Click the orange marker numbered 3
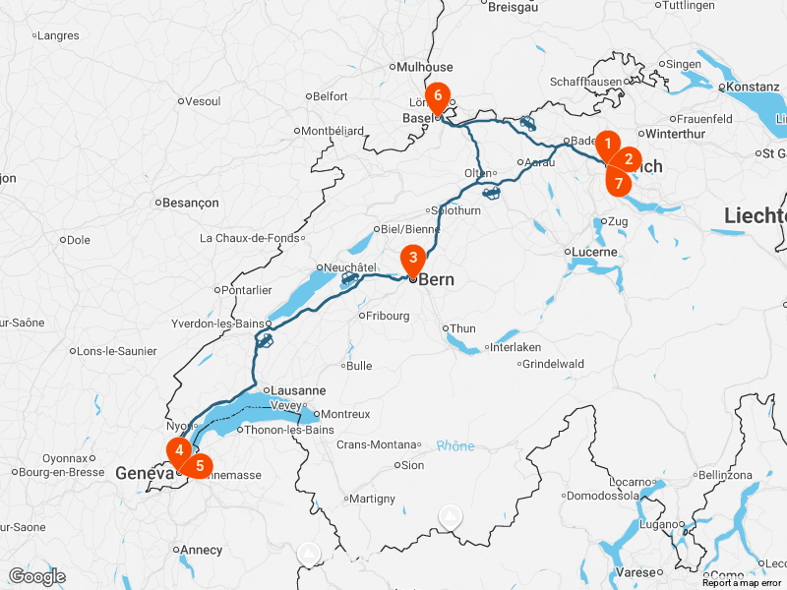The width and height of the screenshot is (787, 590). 413,259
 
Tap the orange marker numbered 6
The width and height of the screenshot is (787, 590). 438,96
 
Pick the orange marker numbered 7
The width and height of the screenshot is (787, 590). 618,182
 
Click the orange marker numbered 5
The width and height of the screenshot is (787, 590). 200,464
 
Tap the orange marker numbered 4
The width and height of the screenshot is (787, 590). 179,451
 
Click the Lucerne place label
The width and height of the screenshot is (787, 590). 595,252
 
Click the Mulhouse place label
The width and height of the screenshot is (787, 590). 425,67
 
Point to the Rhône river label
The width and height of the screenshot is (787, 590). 455,445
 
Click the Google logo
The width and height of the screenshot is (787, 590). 36,576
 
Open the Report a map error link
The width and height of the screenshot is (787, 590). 743,583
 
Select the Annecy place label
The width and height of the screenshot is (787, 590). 201,550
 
